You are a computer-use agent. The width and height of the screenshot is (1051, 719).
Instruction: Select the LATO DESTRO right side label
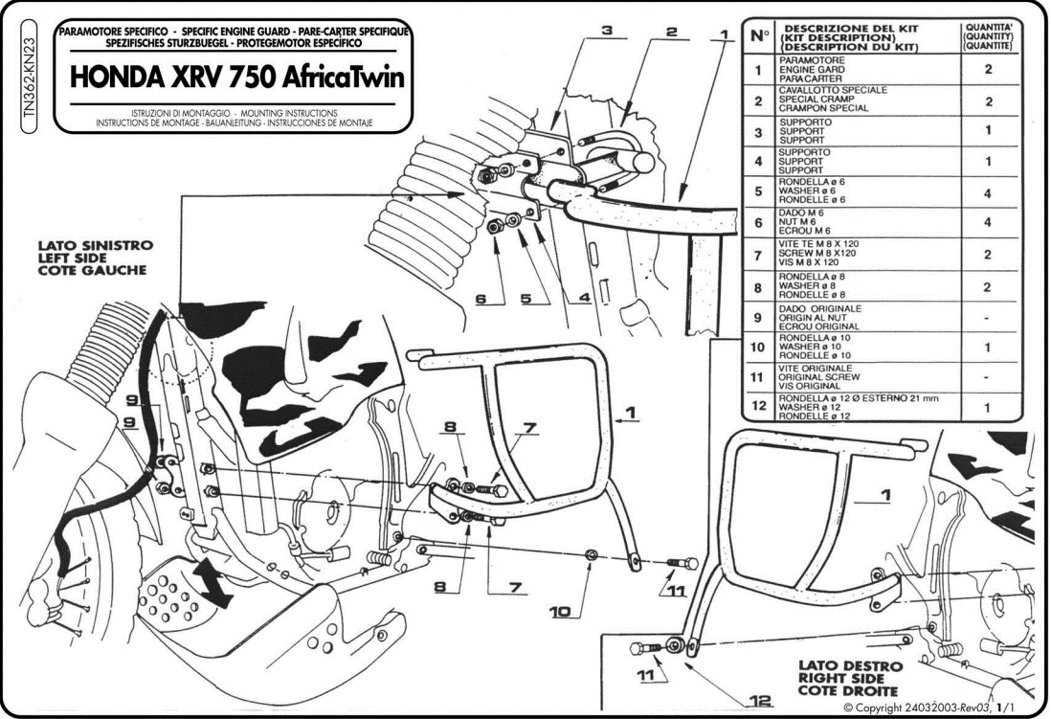coord(851,678)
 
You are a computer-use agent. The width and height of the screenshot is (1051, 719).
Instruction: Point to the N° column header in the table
coord(758,37)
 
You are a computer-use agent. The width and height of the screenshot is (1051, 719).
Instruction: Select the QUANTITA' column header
coord(989,37)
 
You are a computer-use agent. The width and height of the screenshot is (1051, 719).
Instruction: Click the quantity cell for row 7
coord(989,256)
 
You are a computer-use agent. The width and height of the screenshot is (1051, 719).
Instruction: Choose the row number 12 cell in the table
coord(757,408)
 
